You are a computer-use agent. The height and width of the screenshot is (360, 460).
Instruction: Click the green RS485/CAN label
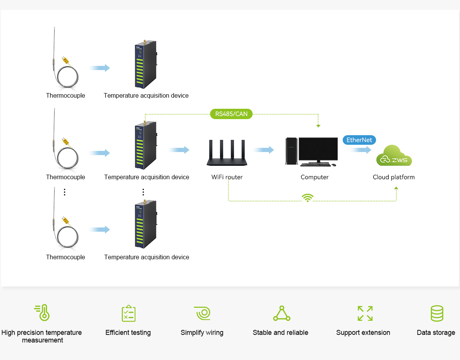click(x=231, y=114)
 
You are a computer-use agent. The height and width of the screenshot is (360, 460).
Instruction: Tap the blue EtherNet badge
click(x=359, y=140)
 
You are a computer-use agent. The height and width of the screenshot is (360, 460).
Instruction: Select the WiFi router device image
click(x=227, y=154)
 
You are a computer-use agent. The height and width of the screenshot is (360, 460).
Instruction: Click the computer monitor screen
click(x=318, y=149)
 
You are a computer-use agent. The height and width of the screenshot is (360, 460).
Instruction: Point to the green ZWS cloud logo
click(x=394, y=156)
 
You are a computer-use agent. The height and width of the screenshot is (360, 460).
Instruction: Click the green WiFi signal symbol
click(x=307, y=198)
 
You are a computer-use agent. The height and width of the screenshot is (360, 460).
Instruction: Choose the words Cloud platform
click(x=394, y=177)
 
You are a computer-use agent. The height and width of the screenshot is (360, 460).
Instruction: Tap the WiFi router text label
click(x=227, y=177)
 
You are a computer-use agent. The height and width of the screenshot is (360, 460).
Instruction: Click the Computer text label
click(x=314, y=177)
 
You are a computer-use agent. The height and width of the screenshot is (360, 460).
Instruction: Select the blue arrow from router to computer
click(x=263, y=150)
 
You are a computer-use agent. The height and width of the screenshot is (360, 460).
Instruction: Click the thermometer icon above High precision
click(x=42, y=313)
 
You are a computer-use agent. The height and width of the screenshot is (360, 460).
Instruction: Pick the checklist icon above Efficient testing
click(x=128, y=313)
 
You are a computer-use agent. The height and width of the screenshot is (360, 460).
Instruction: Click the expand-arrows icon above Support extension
click(x=365, y=313)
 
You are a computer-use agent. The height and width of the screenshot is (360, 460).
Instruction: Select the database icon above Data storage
click(x=437, y=313)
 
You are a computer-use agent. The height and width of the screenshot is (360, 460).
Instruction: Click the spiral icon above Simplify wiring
click(x=202, y=313)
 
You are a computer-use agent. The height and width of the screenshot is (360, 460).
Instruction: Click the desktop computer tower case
click(x=291, y=152)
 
